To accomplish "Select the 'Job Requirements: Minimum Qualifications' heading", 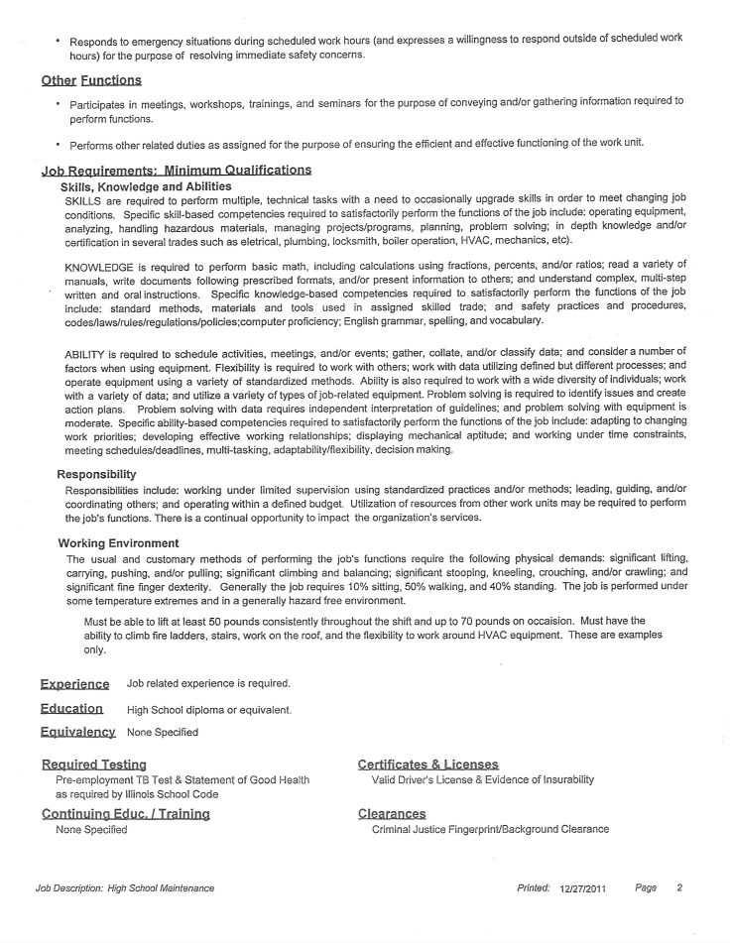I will coord(176,171).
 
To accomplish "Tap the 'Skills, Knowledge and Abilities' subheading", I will coord(146,186).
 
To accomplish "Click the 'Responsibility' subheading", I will coord(96,474).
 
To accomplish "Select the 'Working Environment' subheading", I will coord(118,543).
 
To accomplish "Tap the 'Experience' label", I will coord(74,684).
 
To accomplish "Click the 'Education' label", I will coord(71,709).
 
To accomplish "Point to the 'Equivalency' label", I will coord(77,733).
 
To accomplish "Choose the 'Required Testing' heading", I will coord(94,765).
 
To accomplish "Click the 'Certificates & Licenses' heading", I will coord(427,765).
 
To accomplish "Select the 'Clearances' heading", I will coord(391,814).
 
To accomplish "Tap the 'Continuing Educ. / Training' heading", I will coord(125,814).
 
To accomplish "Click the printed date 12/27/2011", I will coord(582,889).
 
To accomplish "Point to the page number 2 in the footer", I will coord(679,888).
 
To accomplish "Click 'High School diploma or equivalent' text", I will coord(209,710).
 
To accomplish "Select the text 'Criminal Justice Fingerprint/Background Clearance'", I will coord(490,829).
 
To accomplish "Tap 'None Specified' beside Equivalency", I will coord(162,733).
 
